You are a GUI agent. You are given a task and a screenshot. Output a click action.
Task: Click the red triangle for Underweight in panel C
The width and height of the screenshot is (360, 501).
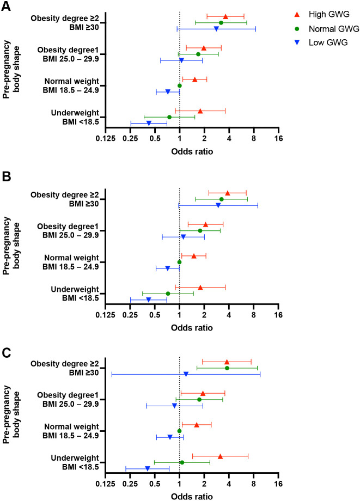[220, 456]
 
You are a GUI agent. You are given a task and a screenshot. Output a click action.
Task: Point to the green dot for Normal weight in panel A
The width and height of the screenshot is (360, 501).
[179, 85]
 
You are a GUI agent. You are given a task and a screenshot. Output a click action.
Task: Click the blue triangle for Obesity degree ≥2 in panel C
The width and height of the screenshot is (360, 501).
[186, 374]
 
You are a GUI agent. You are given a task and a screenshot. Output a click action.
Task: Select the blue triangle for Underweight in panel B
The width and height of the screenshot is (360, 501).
[148, 300]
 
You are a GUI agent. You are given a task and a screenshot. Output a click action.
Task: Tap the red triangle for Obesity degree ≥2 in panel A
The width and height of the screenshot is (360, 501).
[225, 16]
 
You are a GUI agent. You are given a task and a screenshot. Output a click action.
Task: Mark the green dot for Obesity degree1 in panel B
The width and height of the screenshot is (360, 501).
[200, 230]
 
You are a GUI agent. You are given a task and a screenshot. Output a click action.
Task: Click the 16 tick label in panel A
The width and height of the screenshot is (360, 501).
[278, 139]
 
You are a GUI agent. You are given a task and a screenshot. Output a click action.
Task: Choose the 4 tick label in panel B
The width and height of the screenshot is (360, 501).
[229, 315]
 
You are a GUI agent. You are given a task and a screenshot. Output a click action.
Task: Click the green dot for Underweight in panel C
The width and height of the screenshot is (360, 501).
[182, 462]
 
